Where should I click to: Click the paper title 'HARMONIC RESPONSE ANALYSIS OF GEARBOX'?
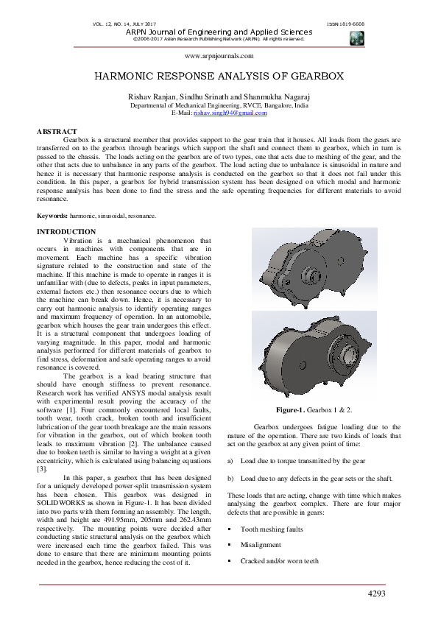coord(219,77)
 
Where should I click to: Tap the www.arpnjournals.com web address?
coord(219,56)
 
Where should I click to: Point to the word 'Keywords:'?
coord(52,216)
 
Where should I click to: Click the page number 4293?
coord(376,593)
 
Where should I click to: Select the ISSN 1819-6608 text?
coord(345,24)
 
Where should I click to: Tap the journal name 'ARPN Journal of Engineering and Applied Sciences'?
coord(219,32)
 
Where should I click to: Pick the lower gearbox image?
coord(314,353)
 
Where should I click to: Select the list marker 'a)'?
coord(230,460)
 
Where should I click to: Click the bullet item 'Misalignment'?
coord(261,546)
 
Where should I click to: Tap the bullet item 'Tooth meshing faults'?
coord(272,529)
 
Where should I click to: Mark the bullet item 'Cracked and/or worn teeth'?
coord(280,561)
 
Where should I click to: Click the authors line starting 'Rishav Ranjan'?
coord(219,97)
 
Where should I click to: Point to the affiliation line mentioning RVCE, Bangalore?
coord(219,105)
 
